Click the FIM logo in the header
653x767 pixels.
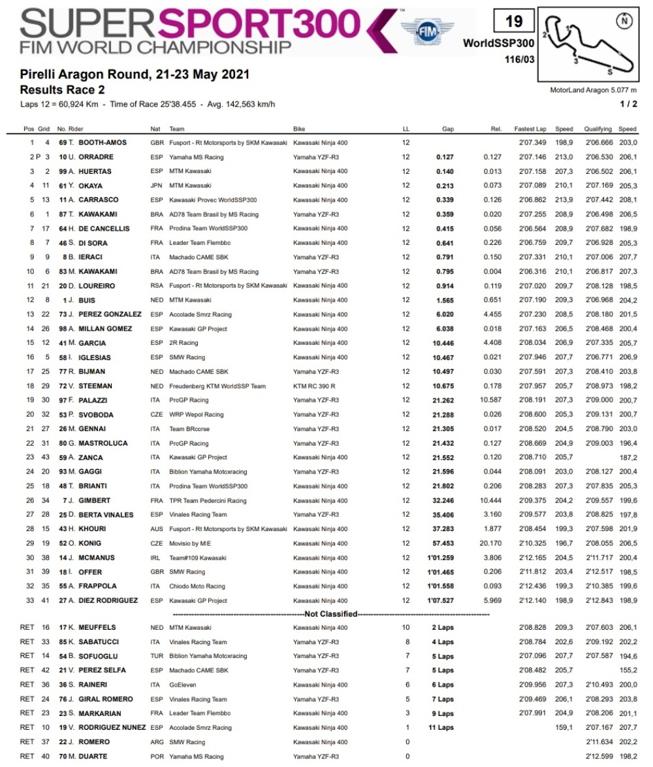point(427,30)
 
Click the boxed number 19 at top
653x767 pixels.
point(514,22)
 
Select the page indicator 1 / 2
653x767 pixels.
point(628,104)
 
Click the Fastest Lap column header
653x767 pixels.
point(530,129)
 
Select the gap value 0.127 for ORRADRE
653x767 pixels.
point(445,157)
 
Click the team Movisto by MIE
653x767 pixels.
point(190,544)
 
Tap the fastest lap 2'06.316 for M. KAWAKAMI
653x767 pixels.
point(530,272)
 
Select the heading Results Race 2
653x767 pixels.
point(62,90)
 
